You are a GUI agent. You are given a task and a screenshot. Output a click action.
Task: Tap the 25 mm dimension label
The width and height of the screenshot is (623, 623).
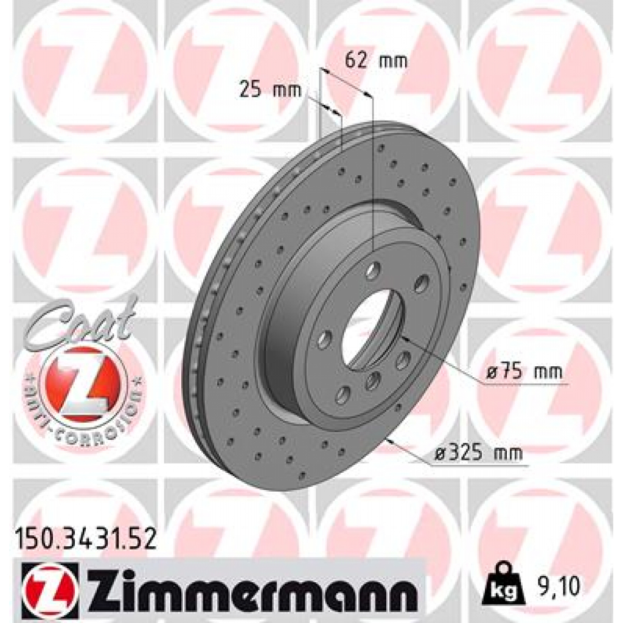pyautogui.click(x=271, y=91)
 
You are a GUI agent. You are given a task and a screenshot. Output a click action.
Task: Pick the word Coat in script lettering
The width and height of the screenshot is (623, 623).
pyautogui.click(x=83, y=321)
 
